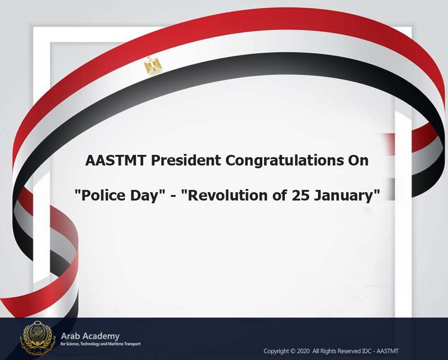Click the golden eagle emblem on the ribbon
coord(153,66)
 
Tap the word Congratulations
coord(284,160)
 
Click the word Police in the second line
coord(103,196)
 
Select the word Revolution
coord(228,196)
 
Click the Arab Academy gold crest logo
coord(38,338)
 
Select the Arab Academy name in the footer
coord(90,336)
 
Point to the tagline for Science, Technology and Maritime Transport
coord(100,344)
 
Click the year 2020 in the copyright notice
coord(303,351)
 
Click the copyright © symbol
coord(293,351)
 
